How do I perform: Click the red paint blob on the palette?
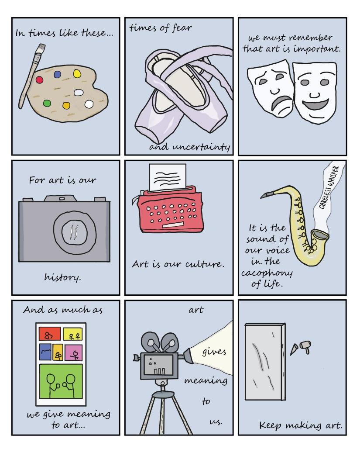pyautogui.click(x=39, y=79)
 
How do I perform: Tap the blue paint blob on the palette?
pyautogui.click(x=58, y=74)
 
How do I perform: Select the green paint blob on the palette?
pyautogui.click(x=47, y=103)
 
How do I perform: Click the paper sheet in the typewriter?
pyautogui.click(x=168, y=177)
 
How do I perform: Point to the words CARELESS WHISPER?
pyautogui.click(x=329, y=187)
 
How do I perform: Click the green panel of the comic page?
pyautogui.click(x=61, y=381)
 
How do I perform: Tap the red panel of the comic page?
pyautogui.click(x=50, y=334)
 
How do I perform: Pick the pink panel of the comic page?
pyautogui.click(x=73, y=352)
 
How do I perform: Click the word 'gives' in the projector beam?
pyautogui.click(x=214, y=352)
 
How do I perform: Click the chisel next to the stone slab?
pyautogui.click(x=294, y=349)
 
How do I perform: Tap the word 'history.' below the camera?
pyautogui.click(x=62, y=277)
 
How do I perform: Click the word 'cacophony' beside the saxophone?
pyautogui.click(x=267, y=273)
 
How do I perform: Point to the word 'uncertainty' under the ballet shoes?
pyautogui.click(x=201, y=147)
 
